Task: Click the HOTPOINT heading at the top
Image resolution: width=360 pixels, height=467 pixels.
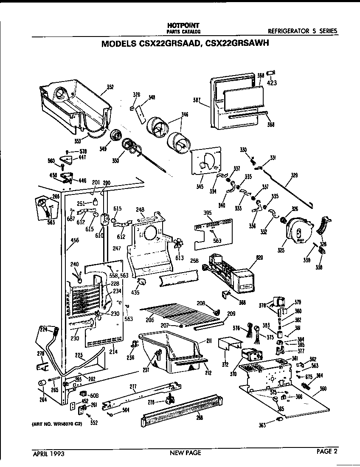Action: coord(183,25)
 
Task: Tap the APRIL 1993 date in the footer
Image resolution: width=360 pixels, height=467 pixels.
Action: coord(48,453)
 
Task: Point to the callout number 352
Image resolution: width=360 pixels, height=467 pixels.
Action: coord(110,87)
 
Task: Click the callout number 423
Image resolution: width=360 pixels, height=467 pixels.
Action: coord(272,83)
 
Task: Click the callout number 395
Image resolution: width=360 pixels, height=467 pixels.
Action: coord(207,213)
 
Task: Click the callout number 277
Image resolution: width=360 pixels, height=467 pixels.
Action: coord(133,386)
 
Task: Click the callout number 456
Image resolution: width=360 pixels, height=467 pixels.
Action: coord(74,241)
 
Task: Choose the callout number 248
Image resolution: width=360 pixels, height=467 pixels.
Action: coord(141,209)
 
